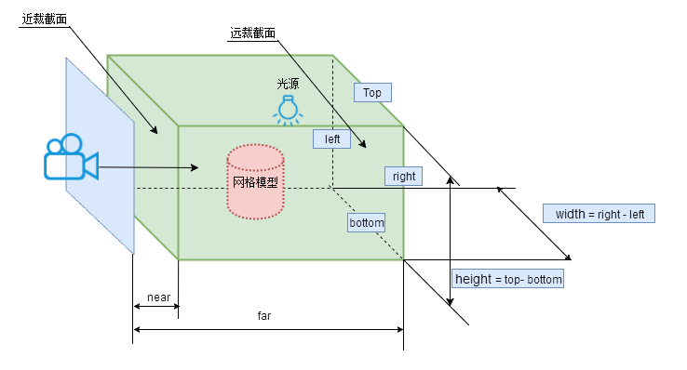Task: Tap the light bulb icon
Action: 288,109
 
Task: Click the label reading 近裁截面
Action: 44,19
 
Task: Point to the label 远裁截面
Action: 253,33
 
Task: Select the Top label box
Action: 372,93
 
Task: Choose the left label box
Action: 331,139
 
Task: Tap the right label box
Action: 404,176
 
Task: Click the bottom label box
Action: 366,223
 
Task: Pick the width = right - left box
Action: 599,214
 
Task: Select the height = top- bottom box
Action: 507,279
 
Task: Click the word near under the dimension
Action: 159,297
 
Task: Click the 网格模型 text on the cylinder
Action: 255,182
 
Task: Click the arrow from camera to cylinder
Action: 149,167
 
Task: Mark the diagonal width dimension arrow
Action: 534,223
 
